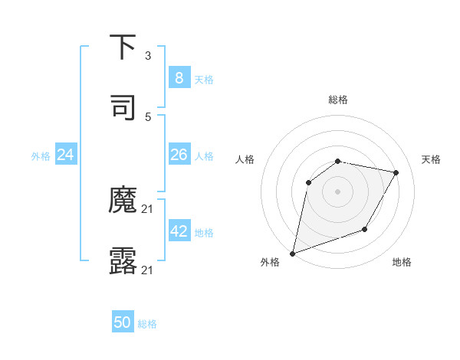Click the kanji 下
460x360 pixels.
123,48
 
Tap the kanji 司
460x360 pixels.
123,108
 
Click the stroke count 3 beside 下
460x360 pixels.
148,56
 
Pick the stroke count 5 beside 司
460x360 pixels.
148,116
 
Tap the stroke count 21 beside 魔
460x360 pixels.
148,209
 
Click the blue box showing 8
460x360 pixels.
179,77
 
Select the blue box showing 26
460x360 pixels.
179,155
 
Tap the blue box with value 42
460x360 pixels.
179,231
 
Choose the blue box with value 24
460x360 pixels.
65,155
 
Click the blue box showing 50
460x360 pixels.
123,322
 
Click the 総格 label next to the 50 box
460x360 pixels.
147,324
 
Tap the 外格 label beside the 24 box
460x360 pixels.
41,156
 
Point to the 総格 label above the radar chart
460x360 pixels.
338,100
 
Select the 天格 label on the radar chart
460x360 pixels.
432,159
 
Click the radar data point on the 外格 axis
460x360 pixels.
293,253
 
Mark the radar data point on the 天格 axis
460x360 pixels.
396,172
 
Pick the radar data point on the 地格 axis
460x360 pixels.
365,229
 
